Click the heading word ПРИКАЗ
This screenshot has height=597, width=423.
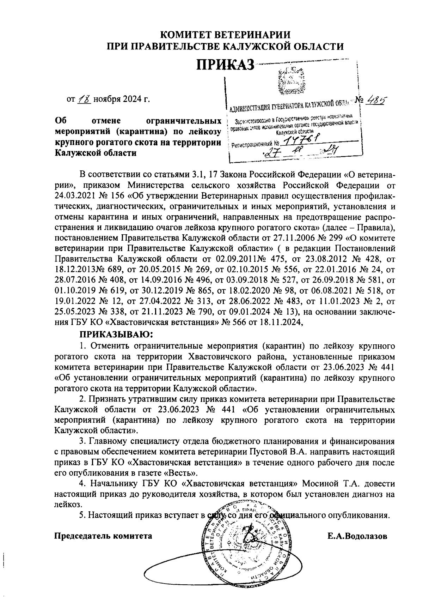click(x=225, y=65)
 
